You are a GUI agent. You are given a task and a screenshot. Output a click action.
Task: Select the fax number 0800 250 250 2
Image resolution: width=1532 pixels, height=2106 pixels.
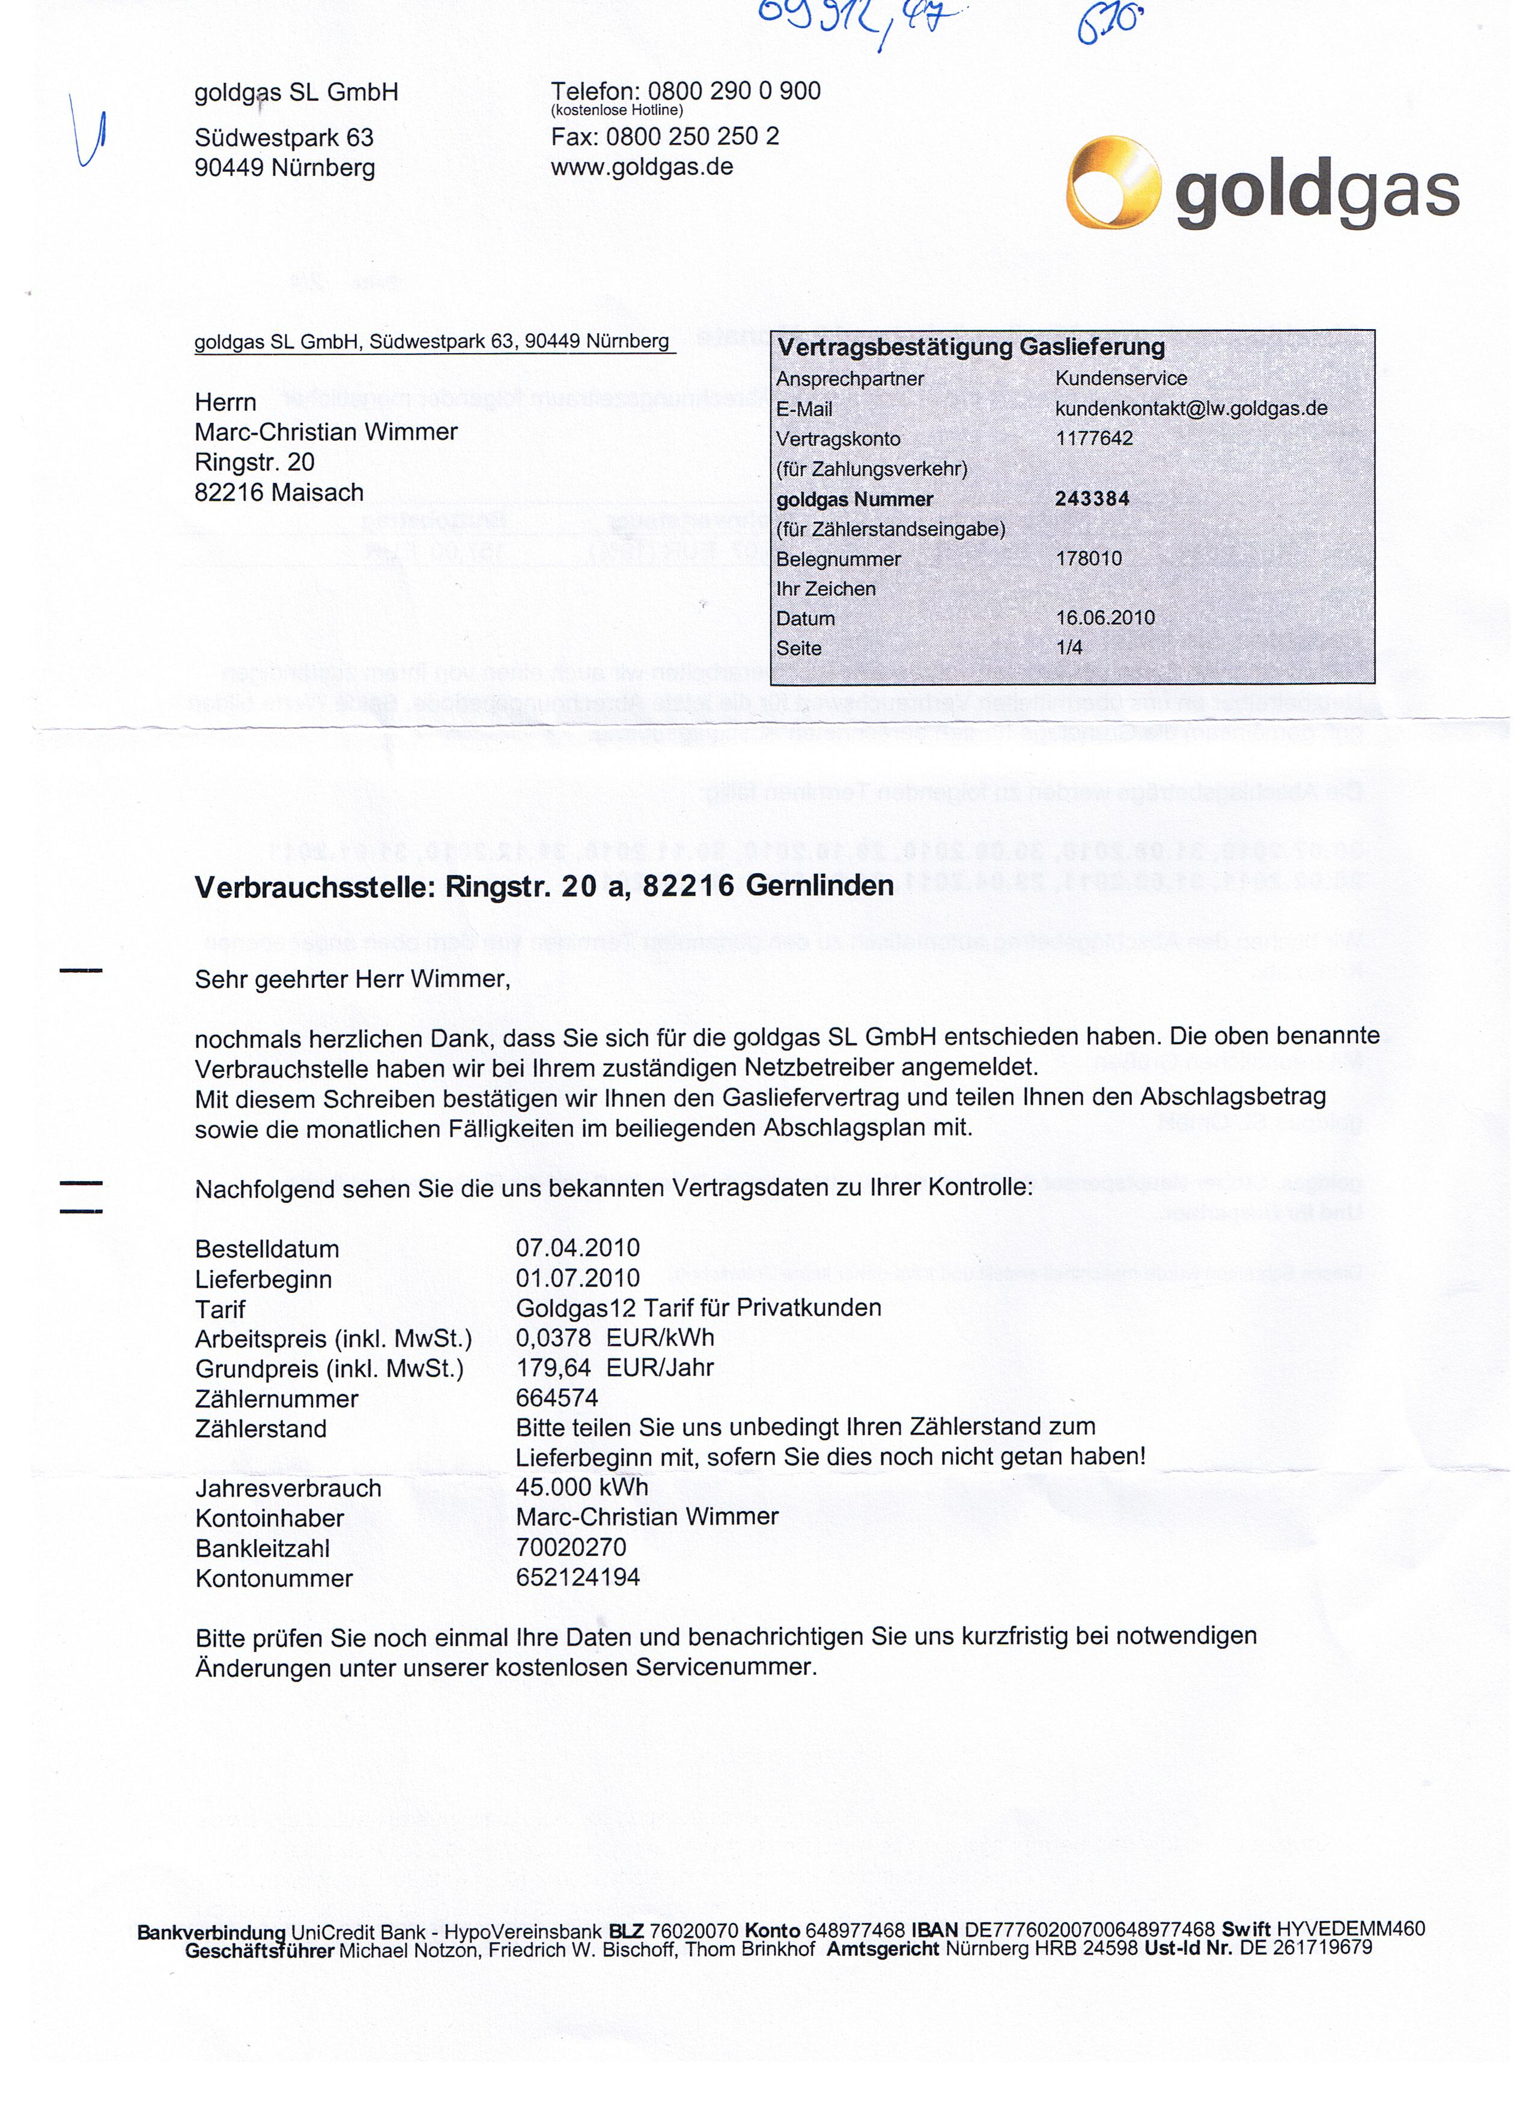click(692, 138)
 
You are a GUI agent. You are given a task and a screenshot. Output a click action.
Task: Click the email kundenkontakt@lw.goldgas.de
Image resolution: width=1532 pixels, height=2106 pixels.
click(1191, 408)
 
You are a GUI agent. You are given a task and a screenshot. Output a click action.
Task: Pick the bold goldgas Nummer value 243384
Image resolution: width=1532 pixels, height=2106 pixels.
click(1092, 498)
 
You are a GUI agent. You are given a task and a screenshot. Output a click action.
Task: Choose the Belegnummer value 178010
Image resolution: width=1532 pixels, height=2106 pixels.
click(1089, 559)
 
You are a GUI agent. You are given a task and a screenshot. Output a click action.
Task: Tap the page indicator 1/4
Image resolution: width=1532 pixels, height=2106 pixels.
click(1069, 648)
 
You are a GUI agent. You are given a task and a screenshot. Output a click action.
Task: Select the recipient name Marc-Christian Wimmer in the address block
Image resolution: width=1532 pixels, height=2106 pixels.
click(326, 433)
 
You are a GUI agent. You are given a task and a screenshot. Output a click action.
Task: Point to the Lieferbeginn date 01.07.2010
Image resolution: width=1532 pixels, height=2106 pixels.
click(578, 1278)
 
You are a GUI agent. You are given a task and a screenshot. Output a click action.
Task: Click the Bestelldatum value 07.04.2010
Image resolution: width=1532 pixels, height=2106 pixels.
click(578, 1248)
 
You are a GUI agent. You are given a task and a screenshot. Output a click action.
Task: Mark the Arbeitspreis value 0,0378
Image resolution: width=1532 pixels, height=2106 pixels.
click(554, 1338)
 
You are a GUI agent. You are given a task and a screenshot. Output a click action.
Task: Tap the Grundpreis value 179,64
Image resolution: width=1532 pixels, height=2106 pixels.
click(554, 1368)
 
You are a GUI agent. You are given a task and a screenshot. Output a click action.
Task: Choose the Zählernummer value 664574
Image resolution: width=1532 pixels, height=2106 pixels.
click(556, 1399)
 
